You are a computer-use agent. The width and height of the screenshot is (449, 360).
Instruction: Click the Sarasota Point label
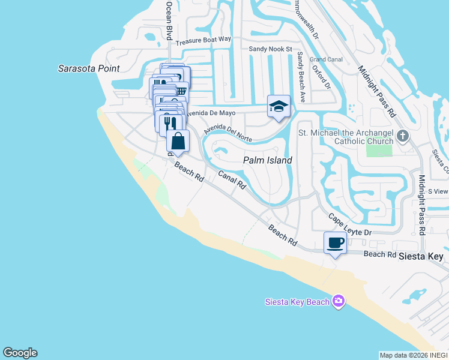click(x=89, y=68)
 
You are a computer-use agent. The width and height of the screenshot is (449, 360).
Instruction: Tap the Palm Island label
click(x=267, y=160)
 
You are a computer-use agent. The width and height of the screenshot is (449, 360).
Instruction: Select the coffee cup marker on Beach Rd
click(x=336, y=243)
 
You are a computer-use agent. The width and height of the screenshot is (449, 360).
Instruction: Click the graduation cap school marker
click(x=279, y=107)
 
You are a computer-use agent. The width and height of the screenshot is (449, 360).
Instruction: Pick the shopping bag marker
click(x=178, y=141)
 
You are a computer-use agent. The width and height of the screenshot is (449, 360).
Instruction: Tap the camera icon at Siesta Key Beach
click(x=339, y=301)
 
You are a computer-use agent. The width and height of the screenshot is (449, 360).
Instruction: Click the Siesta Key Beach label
click(x=297, y=301)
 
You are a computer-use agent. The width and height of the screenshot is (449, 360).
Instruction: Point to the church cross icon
click(x=402, y=136)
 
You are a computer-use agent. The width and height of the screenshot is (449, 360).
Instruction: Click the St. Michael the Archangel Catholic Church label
click(x=345, y=136)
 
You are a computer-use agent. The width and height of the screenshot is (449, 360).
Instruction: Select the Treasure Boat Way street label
click(x=203, y=40)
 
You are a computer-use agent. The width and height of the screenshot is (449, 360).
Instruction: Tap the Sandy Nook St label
click(x=270, y=49)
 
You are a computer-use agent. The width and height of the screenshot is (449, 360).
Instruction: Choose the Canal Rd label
click(x=232, y=179)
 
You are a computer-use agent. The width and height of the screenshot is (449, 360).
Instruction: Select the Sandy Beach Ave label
click(x=301, y=76)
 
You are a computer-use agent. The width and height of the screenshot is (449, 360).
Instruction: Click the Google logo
click(x=20, y=353)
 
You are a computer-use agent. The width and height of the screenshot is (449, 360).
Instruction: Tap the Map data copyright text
click(x=414, y=355)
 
